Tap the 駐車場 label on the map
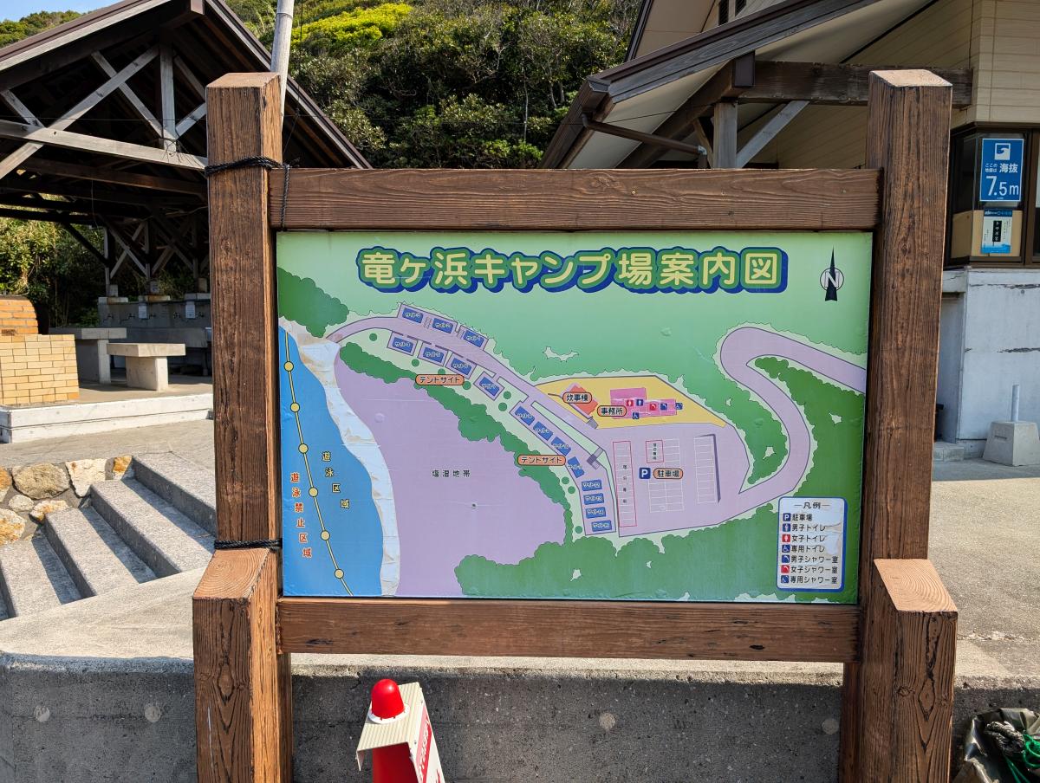(667, 474)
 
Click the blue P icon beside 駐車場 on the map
(644, 474)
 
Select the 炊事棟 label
(576, 398)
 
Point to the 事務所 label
(611, 411)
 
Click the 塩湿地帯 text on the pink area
(450, 474)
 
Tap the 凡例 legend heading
(809, 505)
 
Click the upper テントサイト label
(439, 379)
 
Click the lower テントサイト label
(541, 460)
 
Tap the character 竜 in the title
(375, 269)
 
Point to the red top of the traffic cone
(387, 698)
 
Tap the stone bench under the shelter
(146, 364)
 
